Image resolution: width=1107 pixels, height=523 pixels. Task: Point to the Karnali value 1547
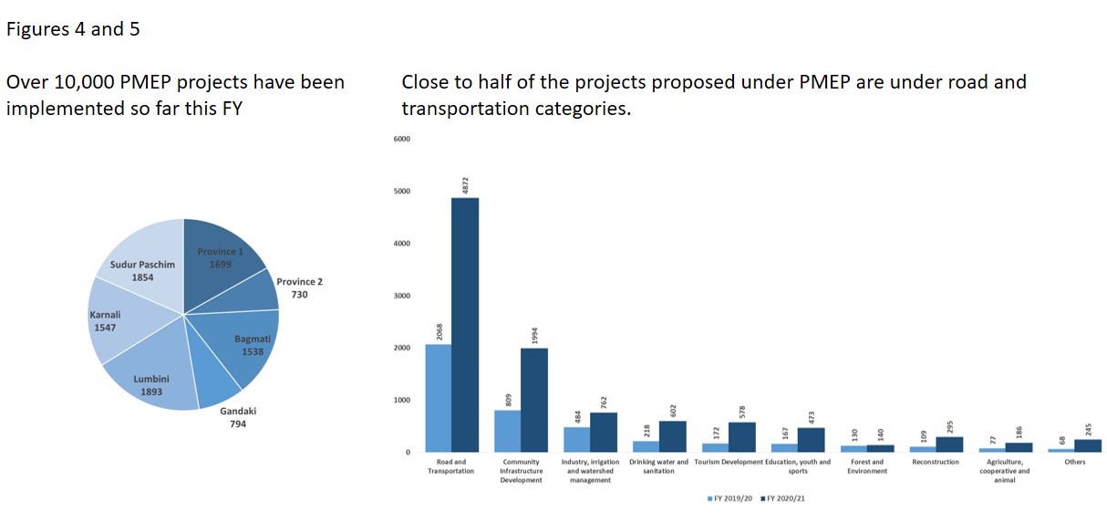(105, 327)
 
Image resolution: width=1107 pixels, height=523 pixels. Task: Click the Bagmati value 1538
(253, 351)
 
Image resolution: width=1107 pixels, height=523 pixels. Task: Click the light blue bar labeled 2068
(438, 397)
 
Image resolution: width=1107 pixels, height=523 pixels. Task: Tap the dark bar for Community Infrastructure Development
(533, 400)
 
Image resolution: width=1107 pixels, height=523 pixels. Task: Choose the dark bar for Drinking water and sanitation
(672, 436)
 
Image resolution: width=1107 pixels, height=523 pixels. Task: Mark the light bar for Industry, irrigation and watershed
(576, 439)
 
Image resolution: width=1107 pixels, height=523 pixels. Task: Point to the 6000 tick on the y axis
(402, 139)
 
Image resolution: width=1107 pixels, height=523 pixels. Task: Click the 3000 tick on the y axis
(402, 296)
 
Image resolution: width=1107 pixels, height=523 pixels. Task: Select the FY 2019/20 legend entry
(733, 498)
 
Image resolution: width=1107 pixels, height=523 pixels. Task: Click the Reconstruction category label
(935, 462)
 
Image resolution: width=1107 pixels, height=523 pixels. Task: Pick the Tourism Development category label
(728, 462)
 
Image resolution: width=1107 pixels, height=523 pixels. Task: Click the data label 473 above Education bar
(812, 417)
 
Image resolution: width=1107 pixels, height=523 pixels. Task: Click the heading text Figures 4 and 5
(73, 29)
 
